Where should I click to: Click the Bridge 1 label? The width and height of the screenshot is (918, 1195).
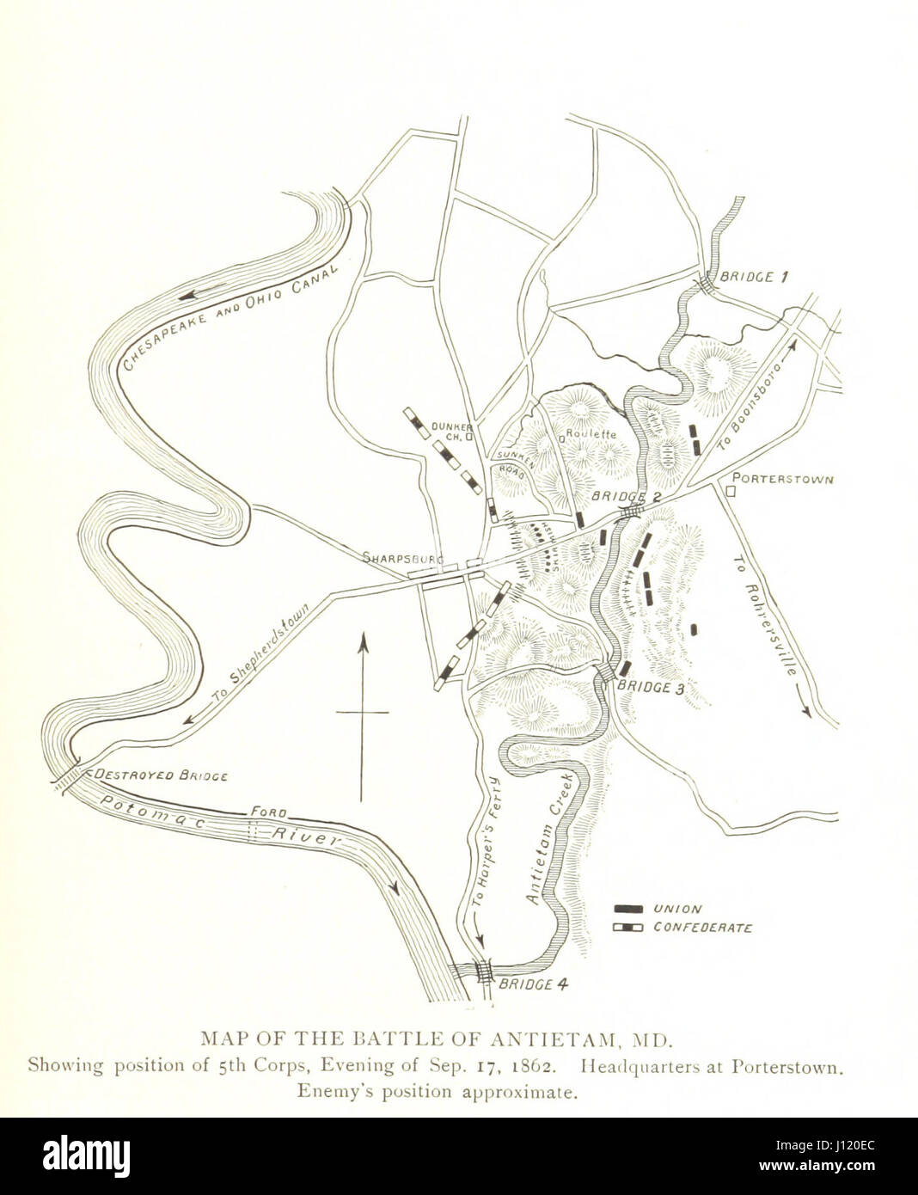point(754,277)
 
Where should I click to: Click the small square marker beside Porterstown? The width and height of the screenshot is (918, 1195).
point(731,491)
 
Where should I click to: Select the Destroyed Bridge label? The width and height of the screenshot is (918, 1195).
point(161,775)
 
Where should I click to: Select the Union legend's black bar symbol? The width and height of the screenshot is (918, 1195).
point(630,909)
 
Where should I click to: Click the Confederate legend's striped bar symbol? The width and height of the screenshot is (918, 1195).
point(630,928)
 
